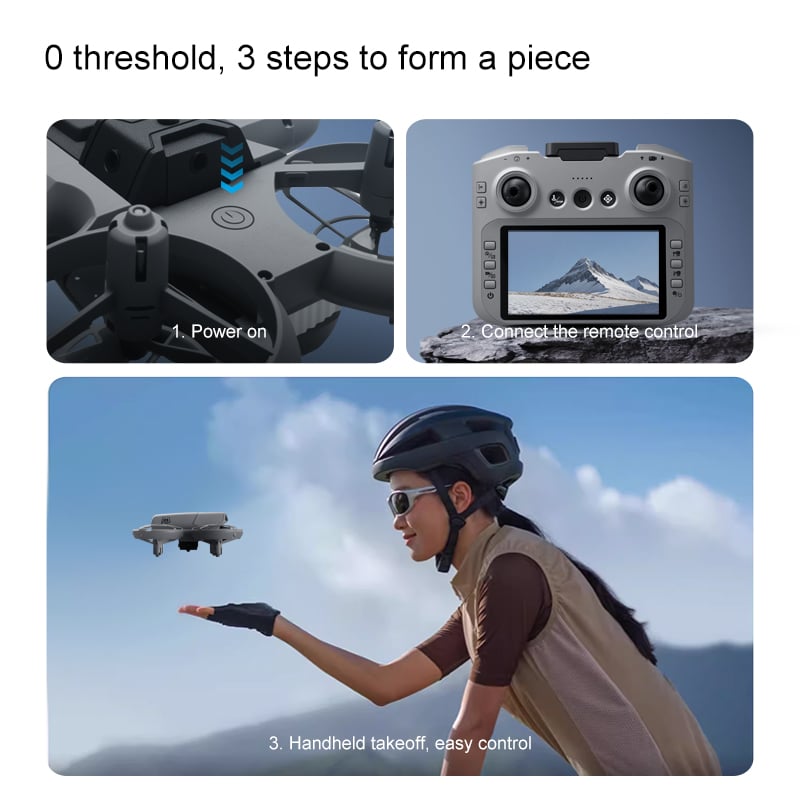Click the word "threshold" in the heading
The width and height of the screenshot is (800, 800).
coord(146,58)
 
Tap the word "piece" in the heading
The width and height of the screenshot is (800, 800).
coord(548,60)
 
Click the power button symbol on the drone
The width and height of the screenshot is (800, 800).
coord(233,217)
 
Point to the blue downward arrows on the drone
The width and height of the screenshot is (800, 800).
coord(232,167)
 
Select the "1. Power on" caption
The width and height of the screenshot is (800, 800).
coord(219,332)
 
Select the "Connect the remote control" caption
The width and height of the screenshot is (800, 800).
coord(589,332)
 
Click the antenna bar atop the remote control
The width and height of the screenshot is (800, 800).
coord(582,150)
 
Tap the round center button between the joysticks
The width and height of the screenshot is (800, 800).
coord(582,198)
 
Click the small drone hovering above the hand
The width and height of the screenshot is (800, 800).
coord(187,534)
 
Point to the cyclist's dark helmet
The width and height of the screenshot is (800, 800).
coord(448,443)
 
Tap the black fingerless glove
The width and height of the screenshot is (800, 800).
coord(245,617)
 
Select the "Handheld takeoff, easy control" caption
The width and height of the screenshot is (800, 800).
coord(410,743)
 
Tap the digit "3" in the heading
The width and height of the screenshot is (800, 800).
coord(246,58)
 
